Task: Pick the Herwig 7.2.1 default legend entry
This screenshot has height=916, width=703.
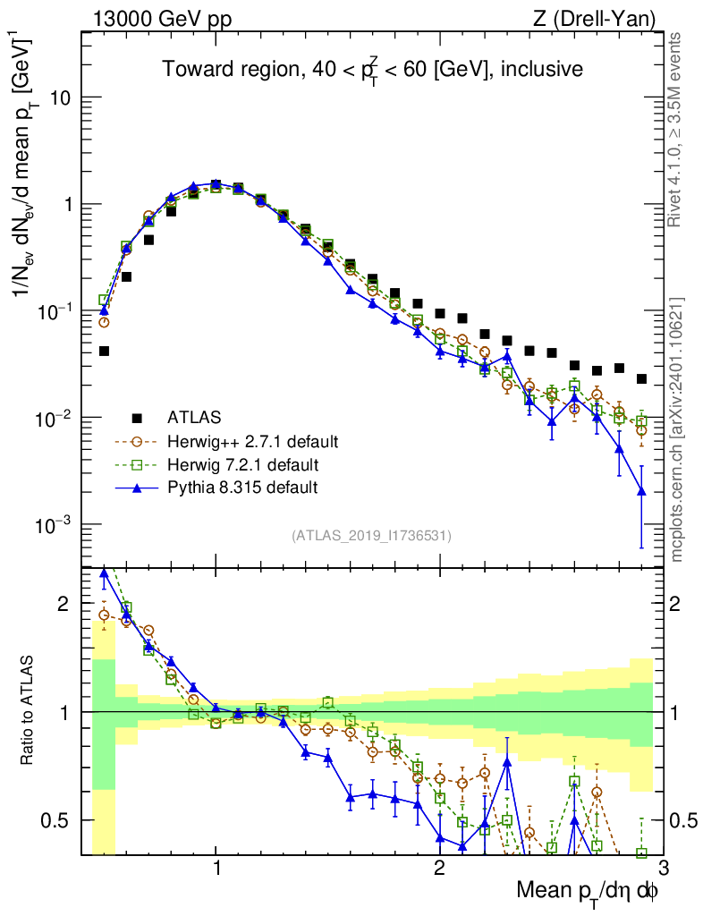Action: pos(242,465)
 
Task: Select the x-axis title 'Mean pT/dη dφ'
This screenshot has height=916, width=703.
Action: pos(589,892)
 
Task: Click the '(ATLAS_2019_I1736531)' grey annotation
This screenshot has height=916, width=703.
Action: pos(371,537)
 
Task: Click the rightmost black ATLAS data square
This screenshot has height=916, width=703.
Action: pos(641,379)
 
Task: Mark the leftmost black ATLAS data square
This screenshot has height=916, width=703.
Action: pos(104,352)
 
